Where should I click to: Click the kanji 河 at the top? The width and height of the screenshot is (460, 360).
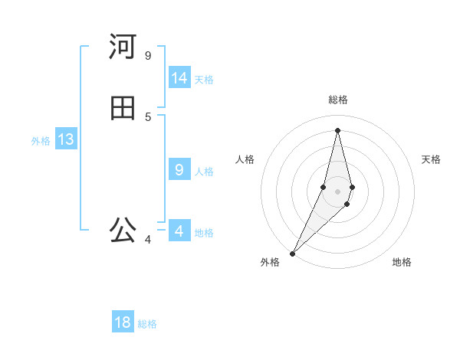[123, 47]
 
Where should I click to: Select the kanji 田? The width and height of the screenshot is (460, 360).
[123, 109]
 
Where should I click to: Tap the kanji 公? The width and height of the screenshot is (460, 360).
[123, 229]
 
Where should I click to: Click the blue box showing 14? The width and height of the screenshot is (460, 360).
[179, 78]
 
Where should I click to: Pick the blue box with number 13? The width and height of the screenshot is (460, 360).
[65, 139]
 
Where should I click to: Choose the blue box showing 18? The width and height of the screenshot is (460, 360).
[123, 322]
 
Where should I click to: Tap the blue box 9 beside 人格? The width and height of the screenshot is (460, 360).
[179, 170]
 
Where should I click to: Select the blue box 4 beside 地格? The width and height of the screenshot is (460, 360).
[179, 231]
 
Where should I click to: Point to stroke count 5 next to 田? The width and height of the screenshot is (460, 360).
[148, 116]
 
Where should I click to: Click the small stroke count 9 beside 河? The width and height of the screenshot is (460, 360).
[148, 55]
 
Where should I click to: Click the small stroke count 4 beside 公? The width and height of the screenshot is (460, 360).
[148, 240]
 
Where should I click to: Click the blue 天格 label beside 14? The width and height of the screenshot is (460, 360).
[204, 80]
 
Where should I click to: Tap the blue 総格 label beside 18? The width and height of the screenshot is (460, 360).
[147, 324]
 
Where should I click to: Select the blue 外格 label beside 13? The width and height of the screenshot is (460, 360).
[41, 141]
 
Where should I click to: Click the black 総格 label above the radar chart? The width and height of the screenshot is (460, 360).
[338, 100]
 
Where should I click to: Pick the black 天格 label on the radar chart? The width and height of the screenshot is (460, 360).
[431, 159]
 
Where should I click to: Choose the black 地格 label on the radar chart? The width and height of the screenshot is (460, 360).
[402, 262]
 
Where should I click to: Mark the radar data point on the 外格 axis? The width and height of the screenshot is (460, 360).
[292, 254]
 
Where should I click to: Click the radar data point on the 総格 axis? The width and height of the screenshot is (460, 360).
[338, 130]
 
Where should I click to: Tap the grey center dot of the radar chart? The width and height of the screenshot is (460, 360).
[338, 191]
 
